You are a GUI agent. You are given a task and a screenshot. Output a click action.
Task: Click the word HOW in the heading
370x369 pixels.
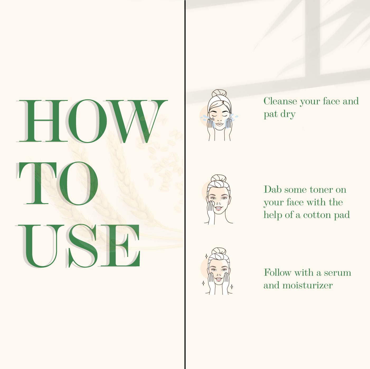click(92, 121)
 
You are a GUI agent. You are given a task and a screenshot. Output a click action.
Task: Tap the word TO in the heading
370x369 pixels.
click(57, 183)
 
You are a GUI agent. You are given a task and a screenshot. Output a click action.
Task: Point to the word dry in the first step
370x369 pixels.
click(288, 114)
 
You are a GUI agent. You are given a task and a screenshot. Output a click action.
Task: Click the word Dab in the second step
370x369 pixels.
click(273, 190)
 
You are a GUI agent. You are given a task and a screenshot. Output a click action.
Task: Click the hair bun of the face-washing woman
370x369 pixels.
click(219, 93)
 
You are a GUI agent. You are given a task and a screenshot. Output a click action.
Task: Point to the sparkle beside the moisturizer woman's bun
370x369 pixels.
click(206, 256)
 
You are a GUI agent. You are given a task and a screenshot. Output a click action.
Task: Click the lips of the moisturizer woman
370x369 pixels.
click(219, 279)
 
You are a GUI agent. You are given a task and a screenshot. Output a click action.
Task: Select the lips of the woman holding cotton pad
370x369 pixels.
click(219, 208)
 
